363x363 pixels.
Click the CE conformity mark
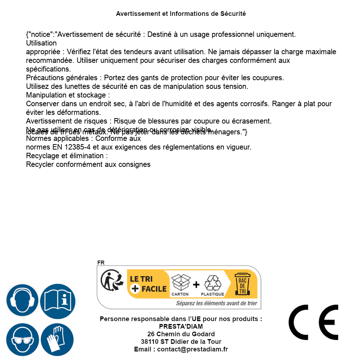[313, 322]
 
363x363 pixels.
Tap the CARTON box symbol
[180, 282]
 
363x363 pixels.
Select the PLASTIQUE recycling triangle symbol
[213, 283]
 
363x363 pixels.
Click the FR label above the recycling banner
[101, 263]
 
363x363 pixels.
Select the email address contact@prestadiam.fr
[192, 349]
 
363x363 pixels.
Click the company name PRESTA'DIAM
[181, 327]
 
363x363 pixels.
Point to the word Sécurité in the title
[233, 14]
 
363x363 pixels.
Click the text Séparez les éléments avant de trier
[217, 303]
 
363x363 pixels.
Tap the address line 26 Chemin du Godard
[181, 334]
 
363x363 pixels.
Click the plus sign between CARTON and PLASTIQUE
[196, 285]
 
